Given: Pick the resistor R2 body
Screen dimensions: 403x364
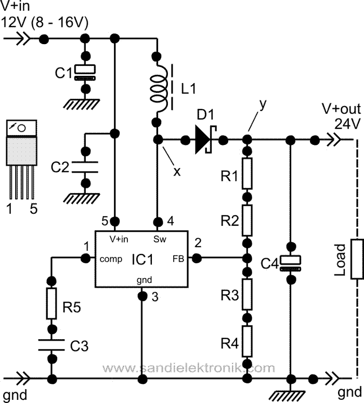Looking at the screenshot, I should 248,221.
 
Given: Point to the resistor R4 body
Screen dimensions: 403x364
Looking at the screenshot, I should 248,341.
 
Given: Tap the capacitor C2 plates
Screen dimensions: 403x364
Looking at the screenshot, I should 84,166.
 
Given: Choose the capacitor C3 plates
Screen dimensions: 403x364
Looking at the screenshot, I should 51,343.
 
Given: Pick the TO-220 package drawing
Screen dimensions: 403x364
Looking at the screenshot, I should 20,138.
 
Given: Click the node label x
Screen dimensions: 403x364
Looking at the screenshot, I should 177,171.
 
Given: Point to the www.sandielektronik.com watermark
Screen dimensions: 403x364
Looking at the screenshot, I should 188,368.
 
